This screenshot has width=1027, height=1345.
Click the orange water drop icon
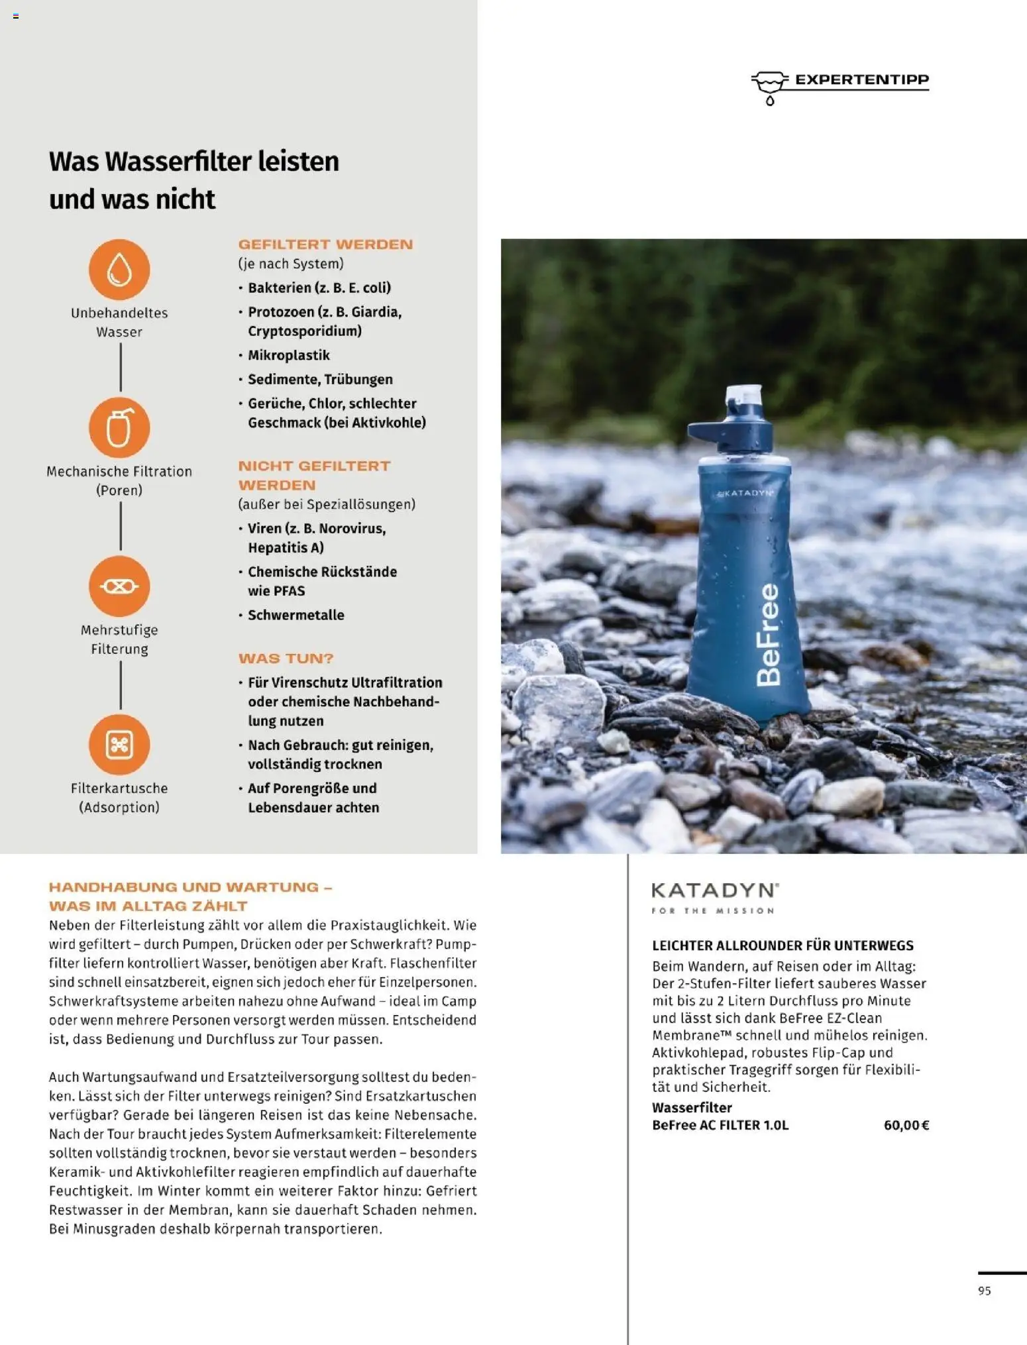pos(119,270)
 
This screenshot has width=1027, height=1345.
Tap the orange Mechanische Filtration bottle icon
pos(119,428)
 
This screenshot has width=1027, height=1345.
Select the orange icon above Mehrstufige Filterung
pos(119,586)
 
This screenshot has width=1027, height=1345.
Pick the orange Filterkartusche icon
pos(119,745)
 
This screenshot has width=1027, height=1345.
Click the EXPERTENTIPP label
pos(861,80)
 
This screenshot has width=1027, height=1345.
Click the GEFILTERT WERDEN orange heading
pos(325,244)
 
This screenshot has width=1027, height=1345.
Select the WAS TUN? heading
pos(286,659)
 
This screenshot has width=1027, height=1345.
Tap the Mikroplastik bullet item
pos(288,355)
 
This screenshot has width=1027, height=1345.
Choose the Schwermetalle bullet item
pos(296,615)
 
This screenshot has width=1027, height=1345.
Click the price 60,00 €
pos(906,1125)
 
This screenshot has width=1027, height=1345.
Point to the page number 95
pos(984,1291)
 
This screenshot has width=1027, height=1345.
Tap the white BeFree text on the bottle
pos(769,634)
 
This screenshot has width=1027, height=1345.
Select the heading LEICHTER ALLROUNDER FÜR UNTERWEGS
pos(783,945)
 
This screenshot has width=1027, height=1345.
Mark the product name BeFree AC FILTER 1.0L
pos(720,1125)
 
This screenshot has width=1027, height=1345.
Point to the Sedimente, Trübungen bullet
pos(320,380)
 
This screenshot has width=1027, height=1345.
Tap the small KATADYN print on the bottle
pos(746,493)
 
